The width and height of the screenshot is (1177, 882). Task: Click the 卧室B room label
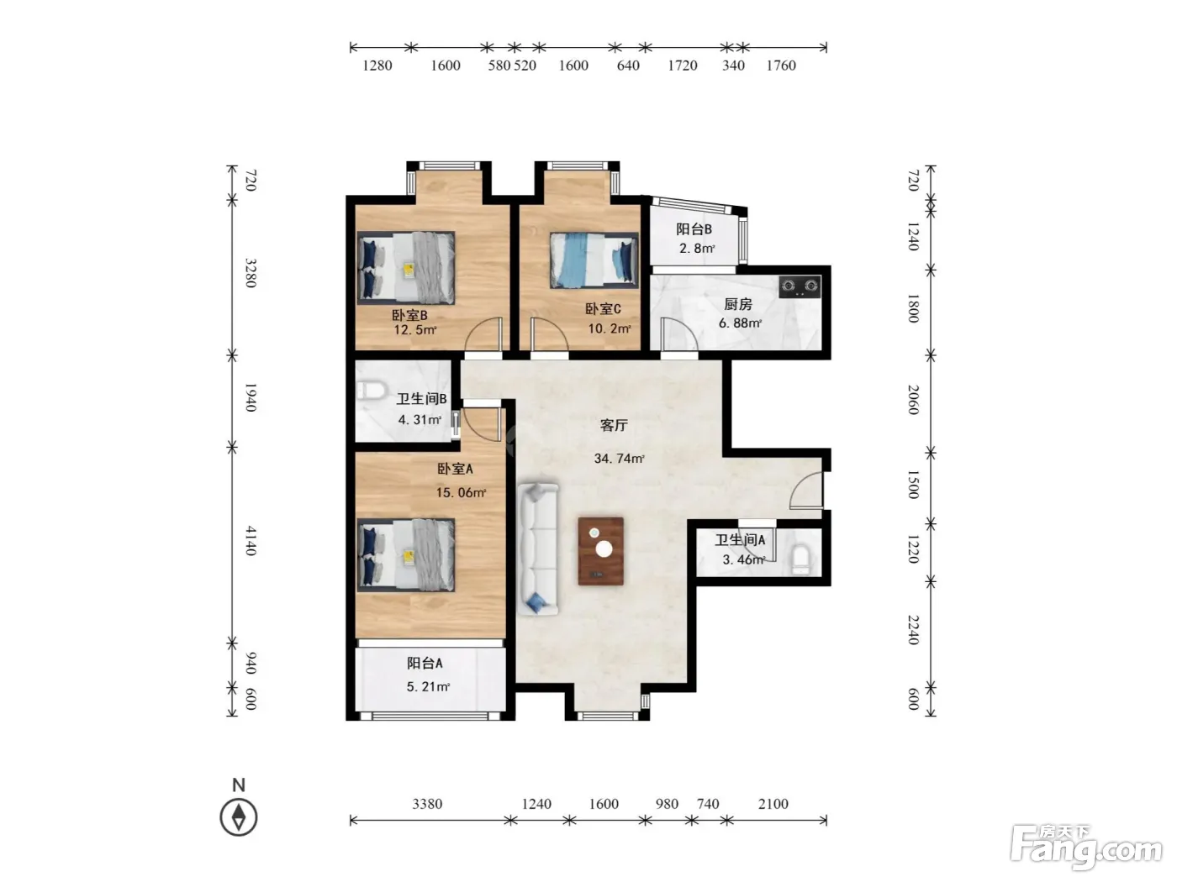(x=409, y=315)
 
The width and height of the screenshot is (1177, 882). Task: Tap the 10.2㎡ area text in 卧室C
(x=610, y=328)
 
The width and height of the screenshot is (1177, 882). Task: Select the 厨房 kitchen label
(x=738, y=304)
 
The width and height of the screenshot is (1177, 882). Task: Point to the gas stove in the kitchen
(x=799, y=286)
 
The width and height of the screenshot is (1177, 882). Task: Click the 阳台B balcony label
(x=694, y=229)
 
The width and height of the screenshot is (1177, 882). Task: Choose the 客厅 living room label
(x=614, y=425)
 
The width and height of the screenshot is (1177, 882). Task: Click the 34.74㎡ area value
(x=619, y=459)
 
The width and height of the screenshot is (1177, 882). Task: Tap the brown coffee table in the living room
(x=600, y=551)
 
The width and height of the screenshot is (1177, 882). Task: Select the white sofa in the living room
(x=538, y=549)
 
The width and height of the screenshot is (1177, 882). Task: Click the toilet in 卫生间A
(x=800, y=559)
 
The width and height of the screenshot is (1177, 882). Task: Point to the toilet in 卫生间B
(x=369, y=389)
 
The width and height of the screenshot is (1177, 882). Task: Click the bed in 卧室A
(x=406, y=554)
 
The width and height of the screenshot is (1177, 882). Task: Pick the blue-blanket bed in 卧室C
(x=594, y=260)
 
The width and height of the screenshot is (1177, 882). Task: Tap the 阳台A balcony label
(x=425, y=663)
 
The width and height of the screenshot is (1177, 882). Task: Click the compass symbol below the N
(x=239, y=817)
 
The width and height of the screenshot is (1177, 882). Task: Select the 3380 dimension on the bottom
(x=427, y=803)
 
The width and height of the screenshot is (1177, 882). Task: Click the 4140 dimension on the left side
(x=251, y=541)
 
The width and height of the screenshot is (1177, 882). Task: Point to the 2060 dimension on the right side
(x=913, y=400)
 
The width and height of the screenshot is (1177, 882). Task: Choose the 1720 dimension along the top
(x=683, y=66)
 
